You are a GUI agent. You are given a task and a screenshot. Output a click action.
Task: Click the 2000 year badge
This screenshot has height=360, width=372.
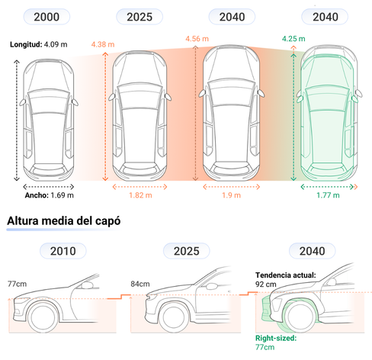click(x=46, y=17)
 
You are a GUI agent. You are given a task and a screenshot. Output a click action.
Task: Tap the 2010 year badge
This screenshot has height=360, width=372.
click(x=63, y=251)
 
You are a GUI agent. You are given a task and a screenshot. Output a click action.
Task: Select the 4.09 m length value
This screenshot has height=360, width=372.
click(x=56, y=44)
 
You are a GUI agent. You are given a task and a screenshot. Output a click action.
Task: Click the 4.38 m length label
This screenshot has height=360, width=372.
click(x=103, y=44)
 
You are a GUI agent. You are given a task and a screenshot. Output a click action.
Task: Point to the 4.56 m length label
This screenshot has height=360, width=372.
click(x=197, y=39)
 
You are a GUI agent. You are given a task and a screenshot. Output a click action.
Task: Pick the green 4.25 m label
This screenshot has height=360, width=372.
click(x=293, y=39)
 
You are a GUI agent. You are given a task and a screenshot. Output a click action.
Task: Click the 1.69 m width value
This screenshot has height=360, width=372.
click(x=63, y=195)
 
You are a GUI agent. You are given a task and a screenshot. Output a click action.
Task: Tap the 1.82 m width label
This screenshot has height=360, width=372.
click(x=140, y=195)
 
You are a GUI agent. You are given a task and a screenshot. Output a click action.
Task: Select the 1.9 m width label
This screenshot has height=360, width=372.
click(x=231, y=195)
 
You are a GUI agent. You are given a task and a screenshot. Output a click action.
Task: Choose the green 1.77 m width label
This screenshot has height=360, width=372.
click(x=328, y=195)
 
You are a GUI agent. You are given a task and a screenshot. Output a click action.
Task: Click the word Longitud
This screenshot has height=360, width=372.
click(x=26, y=44)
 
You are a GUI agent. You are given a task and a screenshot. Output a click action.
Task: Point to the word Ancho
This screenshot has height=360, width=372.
click(x=37, y=195)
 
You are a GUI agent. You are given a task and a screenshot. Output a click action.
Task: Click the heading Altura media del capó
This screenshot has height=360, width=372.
click(x=64, y=220)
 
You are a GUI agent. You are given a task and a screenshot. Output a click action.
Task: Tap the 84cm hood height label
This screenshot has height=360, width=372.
click(x=140, y=284)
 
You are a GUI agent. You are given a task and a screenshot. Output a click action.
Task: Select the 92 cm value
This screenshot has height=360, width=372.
click(x=266, y=284)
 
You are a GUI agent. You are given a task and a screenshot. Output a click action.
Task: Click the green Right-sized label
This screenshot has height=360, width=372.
click(x=276, y=338)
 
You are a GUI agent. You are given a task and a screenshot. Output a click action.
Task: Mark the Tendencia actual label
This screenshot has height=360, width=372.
click(x=286, y=275)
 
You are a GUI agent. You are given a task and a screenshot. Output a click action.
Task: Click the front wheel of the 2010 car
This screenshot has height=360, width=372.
click(x=42, y=317)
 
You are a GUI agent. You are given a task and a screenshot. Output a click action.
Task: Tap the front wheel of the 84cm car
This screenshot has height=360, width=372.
click(x=175, y=317)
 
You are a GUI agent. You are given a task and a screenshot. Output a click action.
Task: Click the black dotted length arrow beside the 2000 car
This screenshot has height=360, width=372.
click(x=17, y=121)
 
